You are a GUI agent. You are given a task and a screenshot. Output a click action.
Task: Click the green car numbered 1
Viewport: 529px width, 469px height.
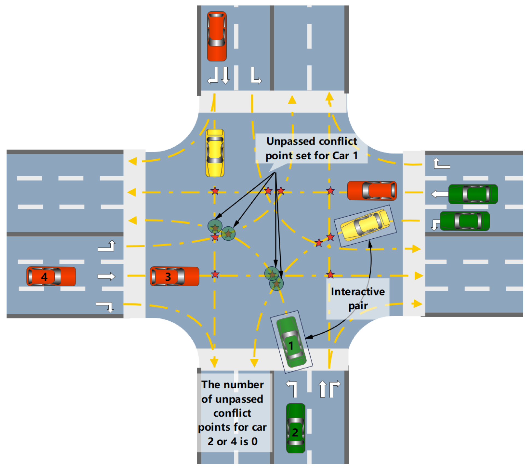click(x=291, y=342)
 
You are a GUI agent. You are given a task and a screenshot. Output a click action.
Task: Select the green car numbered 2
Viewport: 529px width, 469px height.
click(x=295, y=428)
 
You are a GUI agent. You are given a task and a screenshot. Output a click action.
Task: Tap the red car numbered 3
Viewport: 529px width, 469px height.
click(x=174, y=276)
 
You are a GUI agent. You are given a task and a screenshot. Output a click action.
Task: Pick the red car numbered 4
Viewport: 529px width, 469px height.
click(x=51, y=276)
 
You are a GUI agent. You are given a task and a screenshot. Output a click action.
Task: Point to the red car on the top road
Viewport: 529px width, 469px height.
click(x=217, y=36)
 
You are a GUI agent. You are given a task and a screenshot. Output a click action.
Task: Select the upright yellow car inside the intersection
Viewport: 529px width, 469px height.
click(x=215, y=153)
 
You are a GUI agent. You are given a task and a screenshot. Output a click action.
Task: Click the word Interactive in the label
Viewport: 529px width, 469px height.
click(x=358, y=292)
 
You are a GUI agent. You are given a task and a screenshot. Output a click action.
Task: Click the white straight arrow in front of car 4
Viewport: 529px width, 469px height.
click(x=106, y=276)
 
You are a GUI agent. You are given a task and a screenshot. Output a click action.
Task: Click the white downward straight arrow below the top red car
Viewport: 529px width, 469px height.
click(x=225, y=75)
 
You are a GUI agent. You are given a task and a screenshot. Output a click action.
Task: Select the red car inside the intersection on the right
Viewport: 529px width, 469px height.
click(x=372, y=190)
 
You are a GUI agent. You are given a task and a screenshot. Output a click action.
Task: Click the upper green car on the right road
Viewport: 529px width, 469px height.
click(x=473, y=194)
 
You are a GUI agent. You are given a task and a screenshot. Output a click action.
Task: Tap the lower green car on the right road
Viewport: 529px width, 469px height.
click(x=465, y=221)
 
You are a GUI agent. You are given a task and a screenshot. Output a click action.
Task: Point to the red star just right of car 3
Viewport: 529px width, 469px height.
click(x=215, y=274)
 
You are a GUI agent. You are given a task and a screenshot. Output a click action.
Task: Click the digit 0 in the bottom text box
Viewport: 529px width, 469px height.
click(x=254, y=441)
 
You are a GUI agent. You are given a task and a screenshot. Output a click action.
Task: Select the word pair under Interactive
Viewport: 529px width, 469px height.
click(x=358, y=306)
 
